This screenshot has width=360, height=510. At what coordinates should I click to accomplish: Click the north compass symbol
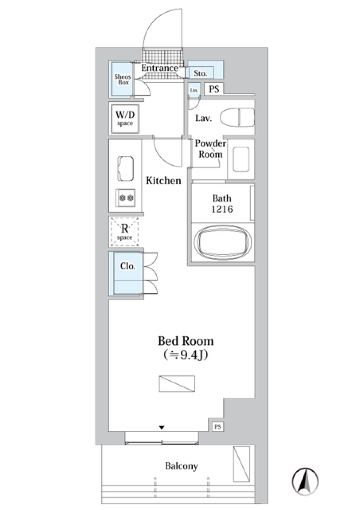(305, 480)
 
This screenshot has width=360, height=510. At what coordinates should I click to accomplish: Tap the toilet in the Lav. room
(237, 117)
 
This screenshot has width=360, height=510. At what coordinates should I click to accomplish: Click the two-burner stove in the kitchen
(126, 197)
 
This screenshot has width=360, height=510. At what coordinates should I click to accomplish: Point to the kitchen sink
(126, 168)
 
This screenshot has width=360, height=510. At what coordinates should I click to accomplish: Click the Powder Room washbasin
(241, 159)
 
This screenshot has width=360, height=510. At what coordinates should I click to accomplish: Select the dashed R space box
(124, 232)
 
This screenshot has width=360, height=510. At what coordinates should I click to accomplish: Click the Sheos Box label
(123, 79)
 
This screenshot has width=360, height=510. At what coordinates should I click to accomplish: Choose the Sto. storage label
(200, 73)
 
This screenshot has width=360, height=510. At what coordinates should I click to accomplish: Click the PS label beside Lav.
(214, 89)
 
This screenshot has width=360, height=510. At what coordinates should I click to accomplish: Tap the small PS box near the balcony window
(217, 426)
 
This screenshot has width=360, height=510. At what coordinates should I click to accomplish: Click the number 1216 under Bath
(222, 209)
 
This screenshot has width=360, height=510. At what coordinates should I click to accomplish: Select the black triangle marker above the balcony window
(162, 427)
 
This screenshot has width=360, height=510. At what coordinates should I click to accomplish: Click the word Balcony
(181, 466)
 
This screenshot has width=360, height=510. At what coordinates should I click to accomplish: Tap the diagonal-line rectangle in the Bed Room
(177, 384)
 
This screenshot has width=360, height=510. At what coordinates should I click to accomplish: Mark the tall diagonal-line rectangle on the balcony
(241, 464)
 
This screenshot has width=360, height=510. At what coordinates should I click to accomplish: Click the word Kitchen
(163, 181)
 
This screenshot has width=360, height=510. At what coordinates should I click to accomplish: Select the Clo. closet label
(127, 266)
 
